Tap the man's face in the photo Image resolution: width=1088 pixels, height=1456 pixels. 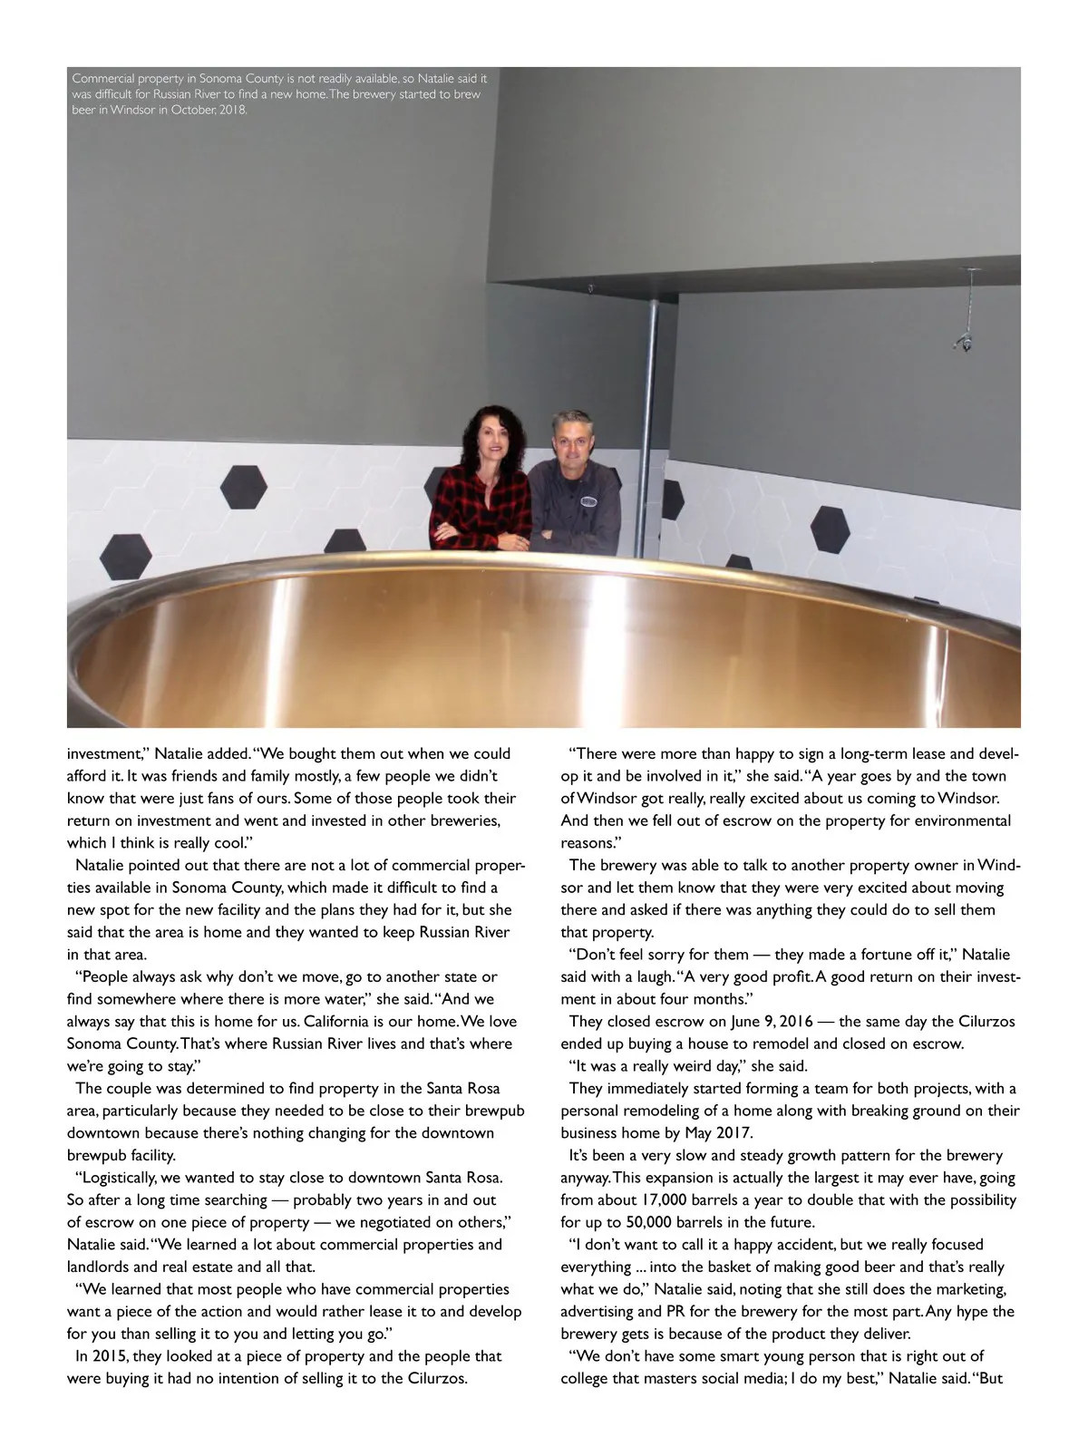tap(571, 437)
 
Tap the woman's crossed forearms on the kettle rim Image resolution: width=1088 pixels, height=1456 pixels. tap(481, 537)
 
